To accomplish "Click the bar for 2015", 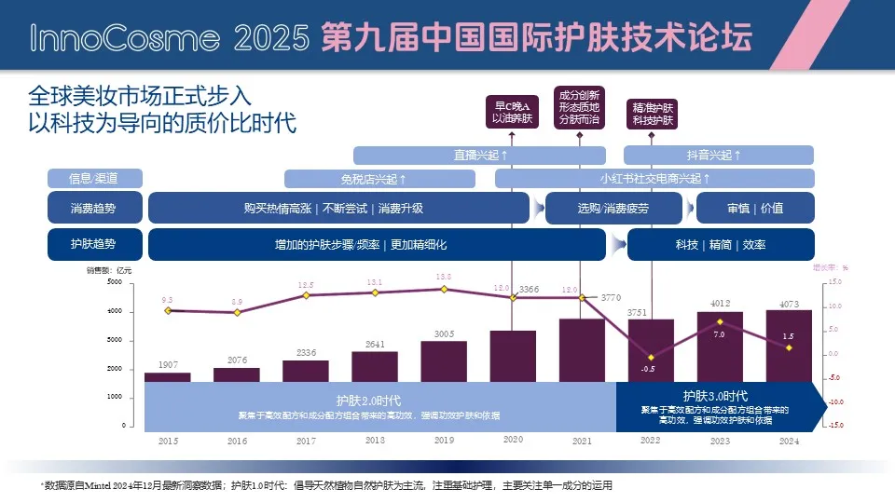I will [x=168, y=376].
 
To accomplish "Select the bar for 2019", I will [x=444, y=360].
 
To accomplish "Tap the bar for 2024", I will [x=789, y=346].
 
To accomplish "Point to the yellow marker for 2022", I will [x=650, y=358].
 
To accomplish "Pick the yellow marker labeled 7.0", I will [x=720, y=322].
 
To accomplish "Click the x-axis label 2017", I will [x=306, y=441].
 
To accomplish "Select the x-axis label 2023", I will [x=720, y=441].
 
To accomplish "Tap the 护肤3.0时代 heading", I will [x=715, y=395].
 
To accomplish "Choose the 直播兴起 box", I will [x=480, y=155].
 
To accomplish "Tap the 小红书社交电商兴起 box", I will [x=655, y=178].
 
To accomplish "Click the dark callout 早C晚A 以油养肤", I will [x=514, y=111].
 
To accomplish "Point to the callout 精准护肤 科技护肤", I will [x=654, y=115].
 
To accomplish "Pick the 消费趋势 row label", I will [x=93, y=208].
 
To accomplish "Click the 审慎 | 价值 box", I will [x=755, y=208].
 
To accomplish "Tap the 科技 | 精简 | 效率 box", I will [x=721, y=244].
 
